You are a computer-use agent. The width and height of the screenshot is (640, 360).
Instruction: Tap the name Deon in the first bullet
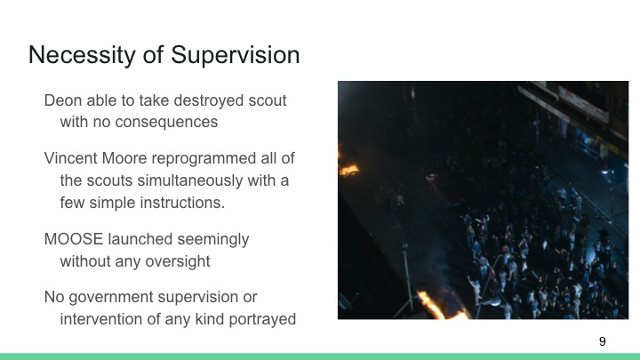point(63,100)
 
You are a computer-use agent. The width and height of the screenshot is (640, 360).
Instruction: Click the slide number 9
point(603,341)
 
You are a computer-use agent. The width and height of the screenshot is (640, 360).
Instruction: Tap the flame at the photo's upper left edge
point(348,167)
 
